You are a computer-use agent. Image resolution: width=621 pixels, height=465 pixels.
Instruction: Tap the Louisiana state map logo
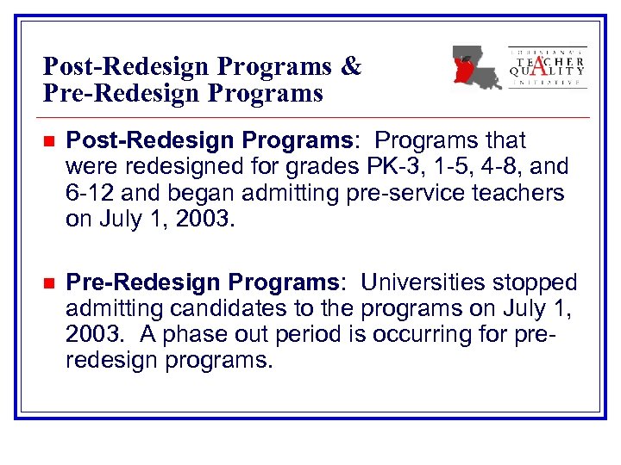pyautogui.click(x=476, y=67)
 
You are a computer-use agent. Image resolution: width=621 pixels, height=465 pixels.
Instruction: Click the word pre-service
pyautogui.click(x=413, y=192)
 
